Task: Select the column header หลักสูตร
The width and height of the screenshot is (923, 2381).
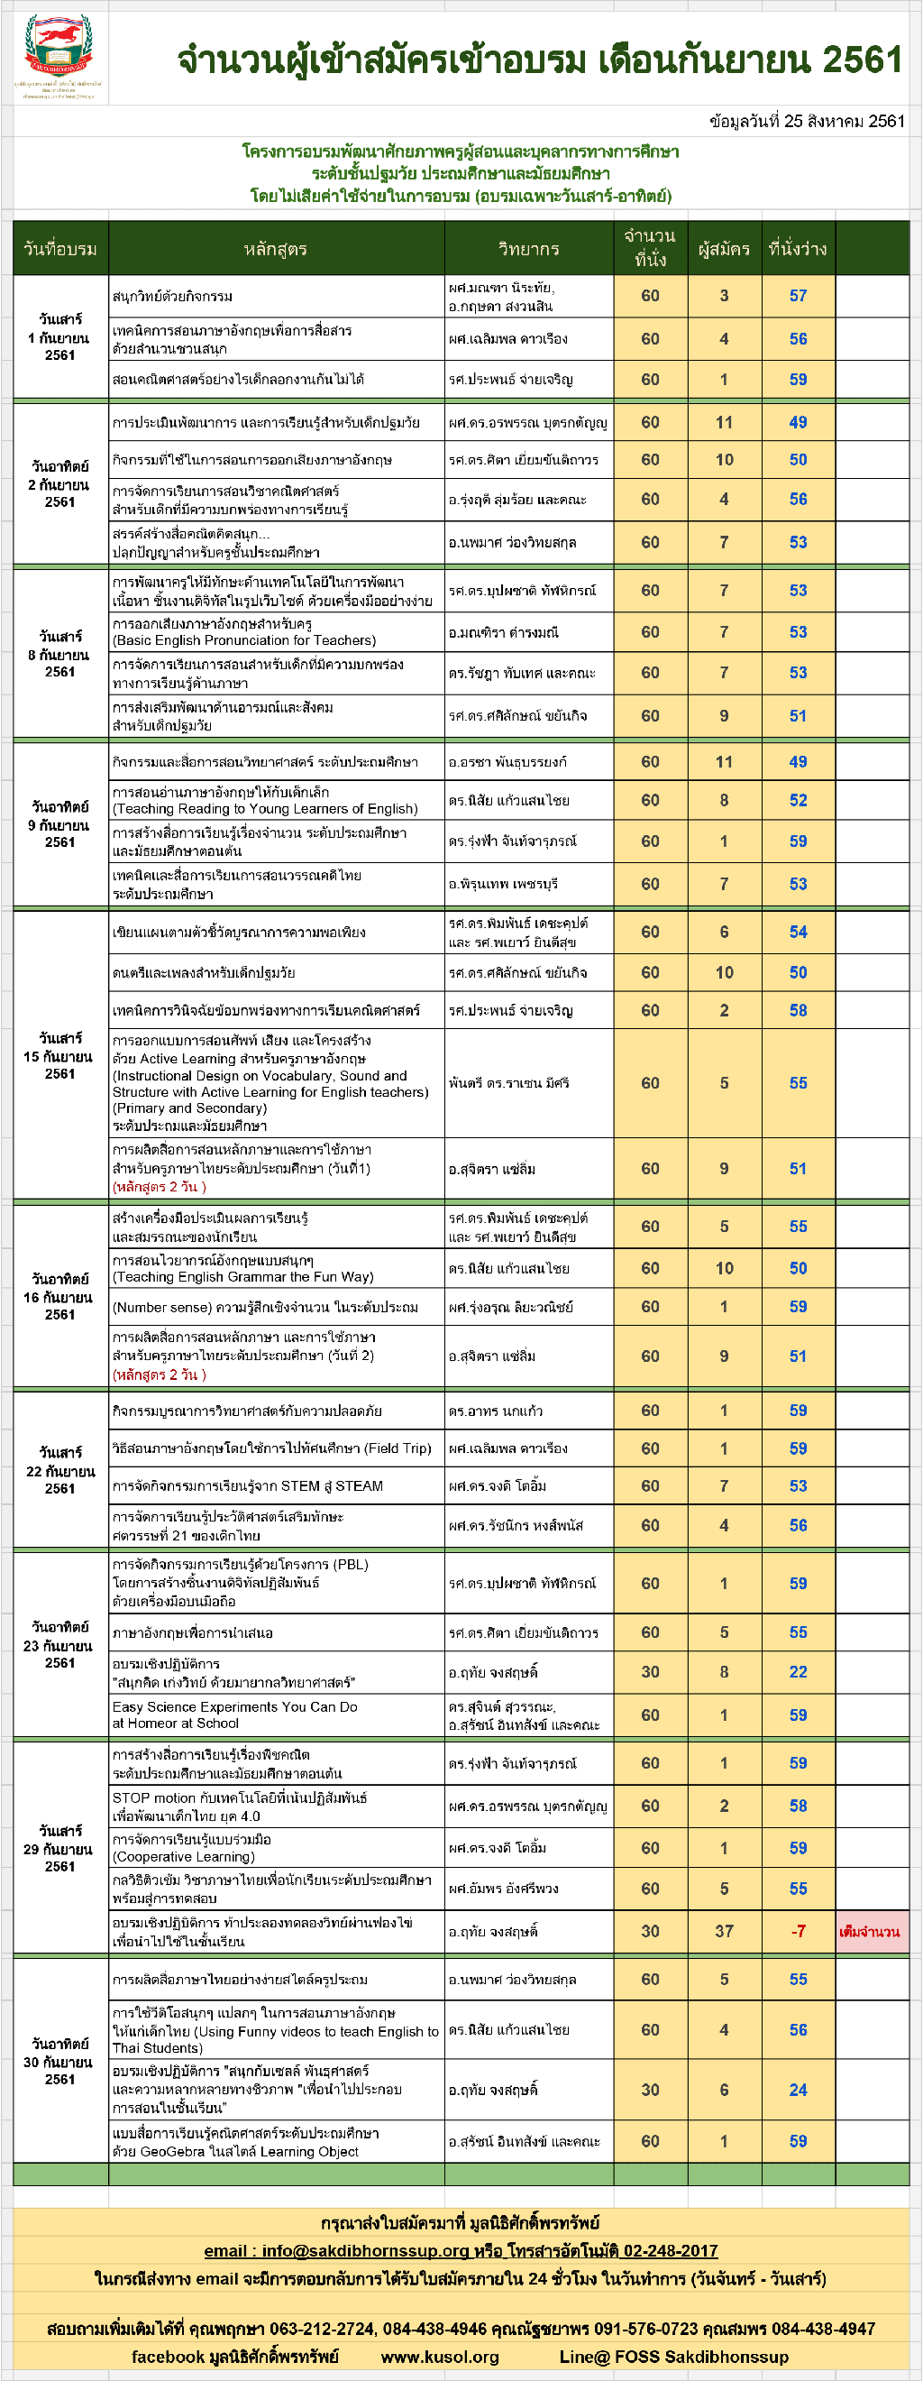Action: tap(275, 249)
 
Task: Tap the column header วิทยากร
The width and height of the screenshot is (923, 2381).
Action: tap(528, 249)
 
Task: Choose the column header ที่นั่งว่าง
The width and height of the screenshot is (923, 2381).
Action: tap(798, 249)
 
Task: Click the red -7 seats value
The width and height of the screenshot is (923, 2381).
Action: tap(798, 1932)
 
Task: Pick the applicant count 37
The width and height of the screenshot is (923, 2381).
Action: tap(724, 1932)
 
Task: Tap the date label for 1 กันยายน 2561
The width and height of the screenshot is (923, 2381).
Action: tap(59, 337)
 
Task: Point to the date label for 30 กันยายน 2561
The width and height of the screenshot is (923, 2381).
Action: tap(59, 2062)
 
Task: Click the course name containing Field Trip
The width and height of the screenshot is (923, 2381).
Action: tap(271, 1448)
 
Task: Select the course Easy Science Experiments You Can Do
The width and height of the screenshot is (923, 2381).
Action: tap(234, 1715)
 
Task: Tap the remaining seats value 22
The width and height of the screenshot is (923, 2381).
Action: tap(798, 1672)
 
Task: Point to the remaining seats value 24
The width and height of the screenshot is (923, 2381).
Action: tap(798, 2090)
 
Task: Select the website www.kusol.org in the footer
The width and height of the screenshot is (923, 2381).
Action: tap(440, 2357)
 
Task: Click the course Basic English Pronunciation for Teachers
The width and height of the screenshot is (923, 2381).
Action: tap(244, 640)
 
